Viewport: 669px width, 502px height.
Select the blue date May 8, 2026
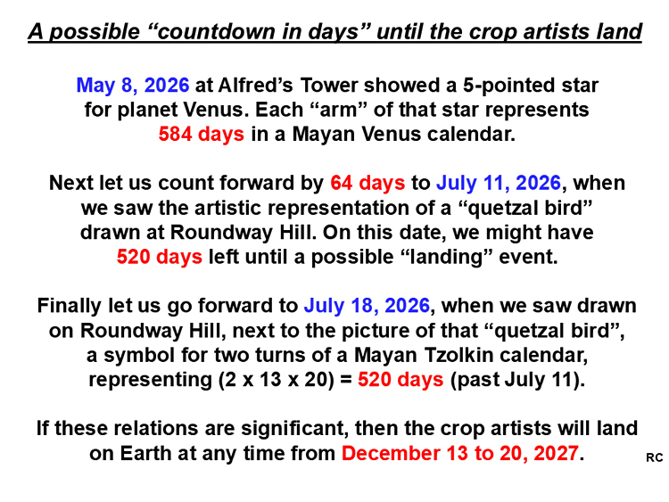point(133,86)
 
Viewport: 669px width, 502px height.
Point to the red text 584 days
point(202,134)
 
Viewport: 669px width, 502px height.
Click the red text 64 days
point(368,183)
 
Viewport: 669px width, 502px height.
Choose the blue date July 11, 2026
point(499,184)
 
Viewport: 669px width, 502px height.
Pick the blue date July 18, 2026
point(367,306)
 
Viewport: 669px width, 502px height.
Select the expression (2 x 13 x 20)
point(277,380)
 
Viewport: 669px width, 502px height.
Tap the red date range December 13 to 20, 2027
point(460,453)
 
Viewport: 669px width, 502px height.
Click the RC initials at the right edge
point(655,457)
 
